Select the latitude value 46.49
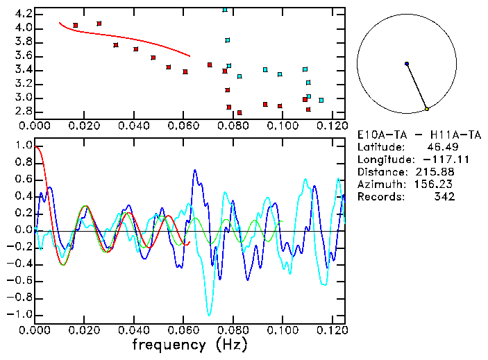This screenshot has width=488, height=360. tap(440, 147)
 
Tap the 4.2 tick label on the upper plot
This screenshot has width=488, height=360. tap(22, 14)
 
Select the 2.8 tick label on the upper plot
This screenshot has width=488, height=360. tap(22, 112)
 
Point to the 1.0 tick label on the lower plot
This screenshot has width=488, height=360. tap(22, 146)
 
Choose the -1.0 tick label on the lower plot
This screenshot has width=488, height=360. tap(19, 314)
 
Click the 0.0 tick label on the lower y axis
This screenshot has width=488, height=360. tap(22, 230)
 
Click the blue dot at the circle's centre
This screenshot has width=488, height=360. tap(407, 64)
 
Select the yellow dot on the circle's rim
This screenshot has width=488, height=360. tap(427, 109)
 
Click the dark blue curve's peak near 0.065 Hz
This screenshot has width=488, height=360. tap(195, 169)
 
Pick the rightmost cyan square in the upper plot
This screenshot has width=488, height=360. tap(321, 100)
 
